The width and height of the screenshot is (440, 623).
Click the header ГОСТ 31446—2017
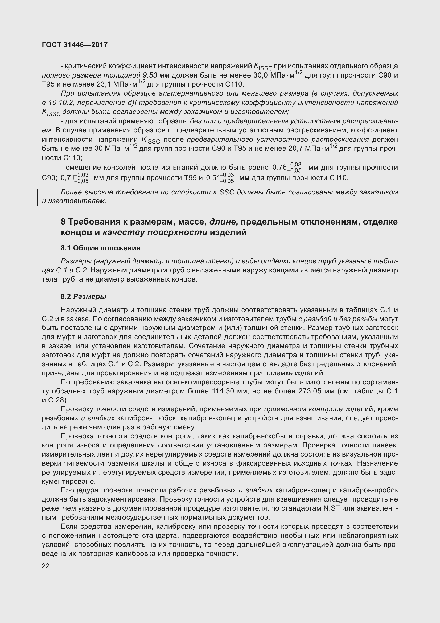(75, 45)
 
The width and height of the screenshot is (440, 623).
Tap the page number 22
(46, 566)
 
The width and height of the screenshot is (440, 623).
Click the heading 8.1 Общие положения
(101, 248)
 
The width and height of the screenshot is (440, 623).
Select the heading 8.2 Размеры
(84, 296)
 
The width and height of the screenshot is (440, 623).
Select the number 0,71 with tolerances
(74, 178)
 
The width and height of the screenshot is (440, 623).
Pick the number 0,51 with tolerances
(220, 178)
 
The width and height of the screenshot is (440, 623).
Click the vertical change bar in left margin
(38, 197)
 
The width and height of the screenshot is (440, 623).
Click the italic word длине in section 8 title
(222, 222)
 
